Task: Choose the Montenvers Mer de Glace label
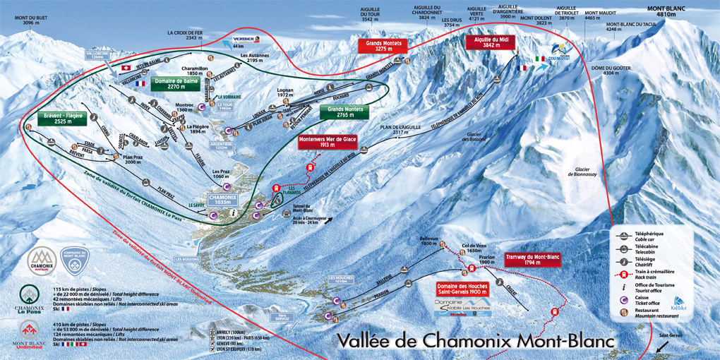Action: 328,142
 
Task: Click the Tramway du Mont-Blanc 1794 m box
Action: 533,260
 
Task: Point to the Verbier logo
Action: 243,38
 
